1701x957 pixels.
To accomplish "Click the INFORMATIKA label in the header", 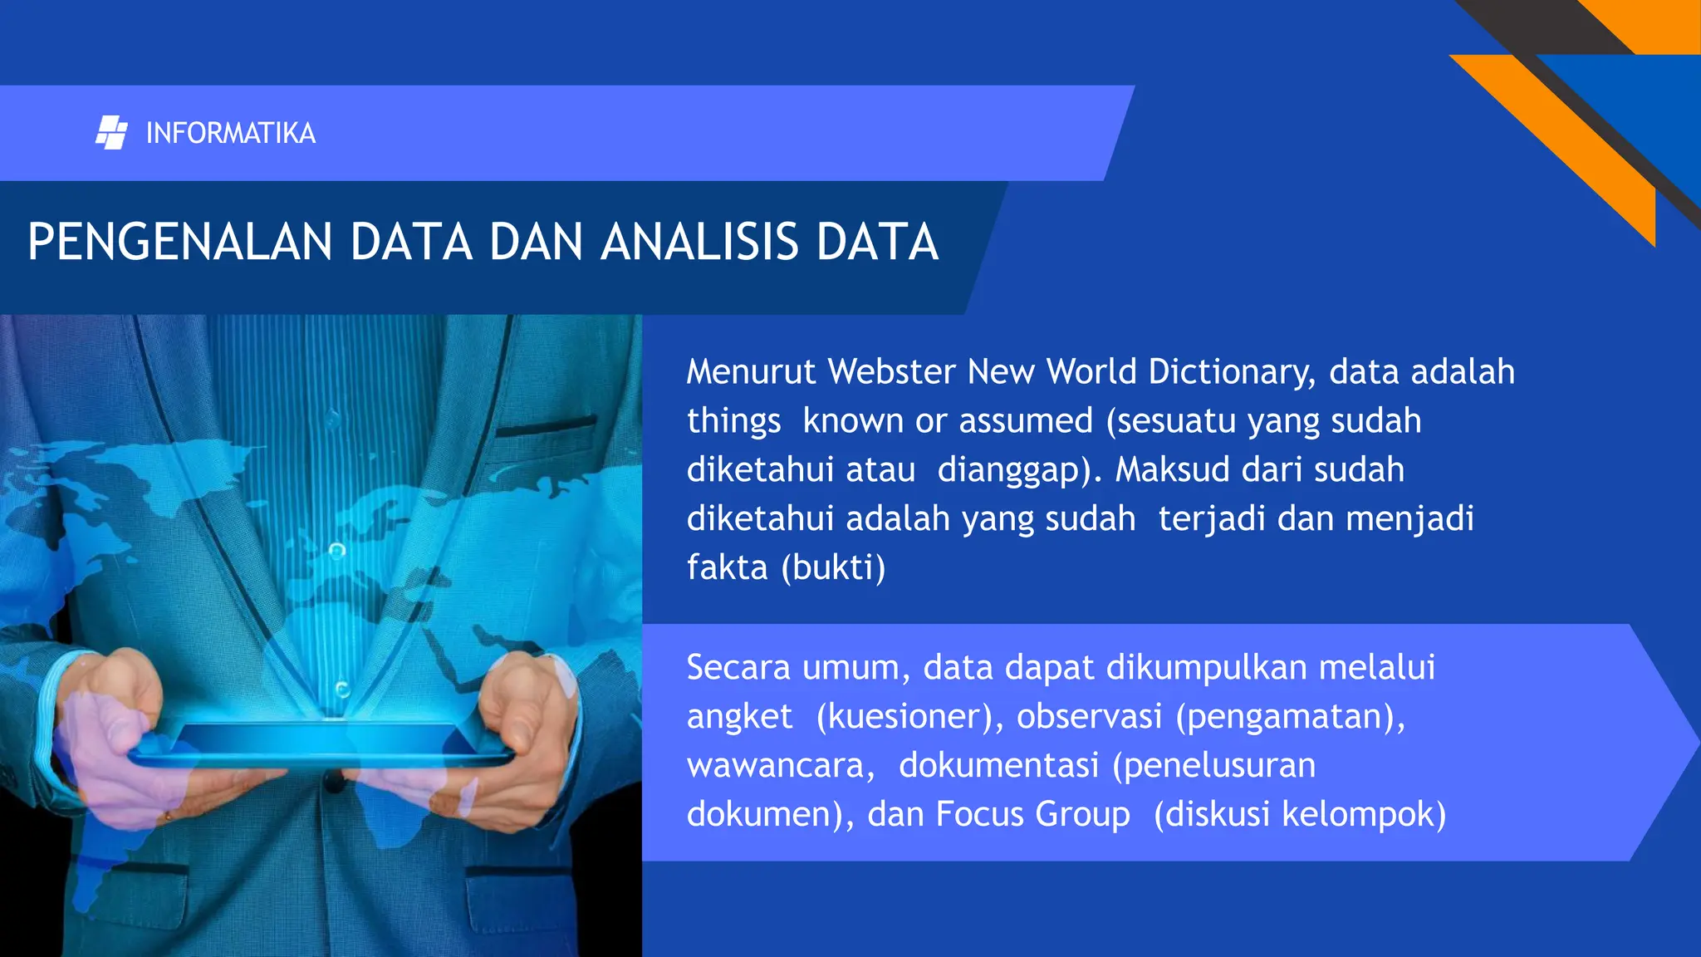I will (230, 133).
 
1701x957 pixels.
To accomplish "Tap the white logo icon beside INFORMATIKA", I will (111, 133).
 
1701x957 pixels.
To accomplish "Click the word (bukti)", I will (833, 567).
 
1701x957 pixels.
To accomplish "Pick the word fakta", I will (727, 567).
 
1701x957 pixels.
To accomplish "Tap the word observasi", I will (1089, 716).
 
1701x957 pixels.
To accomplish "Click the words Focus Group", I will (1032, 814).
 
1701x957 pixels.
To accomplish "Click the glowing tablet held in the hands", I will (324, 742).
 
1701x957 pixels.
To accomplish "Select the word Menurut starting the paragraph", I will (751, 371).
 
